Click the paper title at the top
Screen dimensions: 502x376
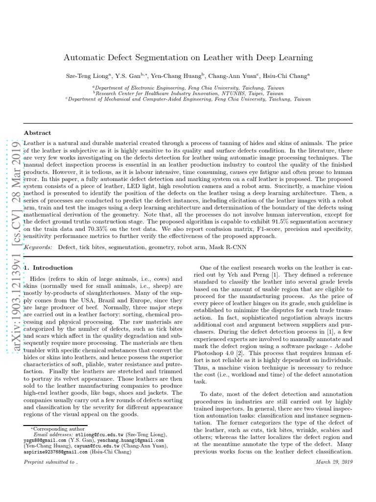click(188, 57)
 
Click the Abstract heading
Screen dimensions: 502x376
click(38, 133)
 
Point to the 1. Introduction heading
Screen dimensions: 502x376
click(48, 268)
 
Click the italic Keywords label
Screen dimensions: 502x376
click(38, 248)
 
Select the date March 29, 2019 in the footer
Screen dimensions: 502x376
click(334, 462)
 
